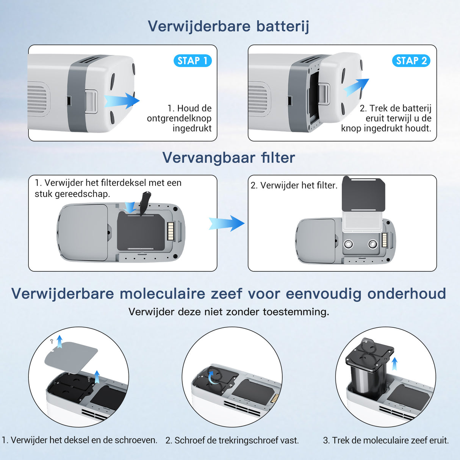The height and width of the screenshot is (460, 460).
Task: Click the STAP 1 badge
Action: click(192, 61)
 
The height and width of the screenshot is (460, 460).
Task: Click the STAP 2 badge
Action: click(411, 61)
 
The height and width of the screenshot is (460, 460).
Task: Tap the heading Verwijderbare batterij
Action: click(228, 26)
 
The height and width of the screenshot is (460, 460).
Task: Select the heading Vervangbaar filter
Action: click(228, 158)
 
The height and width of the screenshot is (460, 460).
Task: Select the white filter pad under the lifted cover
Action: click(363, 221)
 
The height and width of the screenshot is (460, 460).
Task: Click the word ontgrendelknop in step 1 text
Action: click(179, 118)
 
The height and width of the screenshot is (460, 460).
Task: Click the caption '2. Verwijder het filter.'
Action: click(294, 185)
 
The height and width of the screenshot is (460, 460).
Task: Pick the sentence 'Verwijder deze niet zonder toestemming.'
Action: click(228, 312)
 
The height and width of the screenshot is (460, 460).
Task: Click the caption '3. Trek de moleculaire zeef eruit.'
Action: click(386, 440)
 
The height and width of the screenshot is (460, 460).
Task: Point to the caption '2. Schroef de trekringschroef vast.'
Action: click(232, 440)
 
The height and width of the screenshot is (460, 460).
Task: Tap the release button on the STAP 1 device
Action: click(91, 101)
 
